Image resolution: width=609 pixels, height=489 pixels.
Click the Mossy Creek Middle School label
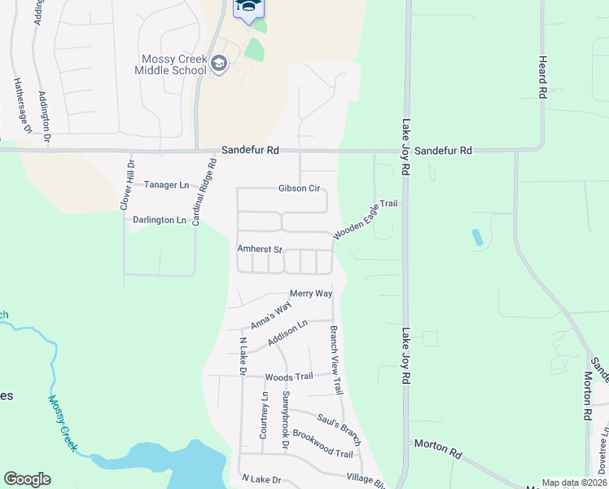click(x=173, y=64)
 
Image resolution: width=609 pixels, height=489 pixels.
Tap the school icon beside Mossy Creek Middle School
click(x=218, y=64)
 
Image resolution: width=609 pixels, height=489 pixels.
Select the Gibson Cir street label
click(x=299, y=188)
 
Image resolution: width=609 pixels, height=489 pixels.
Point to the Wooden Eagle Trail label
click(x=365, y=218)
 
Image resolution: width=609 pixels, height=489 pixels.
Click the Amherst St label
click(x=259, y=249)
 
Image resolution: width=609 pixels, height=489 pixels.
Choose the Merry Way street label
click(x=311, y=293)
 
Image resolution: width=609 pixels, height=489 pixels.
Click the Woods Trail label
click(x=289, y=377)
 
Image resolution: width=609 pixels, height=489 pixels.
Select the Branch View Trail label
click(x=335, y=361)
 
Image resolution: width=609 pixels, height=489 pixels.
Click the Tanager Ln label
click(x=166, y=185)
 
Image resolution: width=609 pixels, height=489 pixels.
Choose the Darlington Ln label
click(x=160, y=220)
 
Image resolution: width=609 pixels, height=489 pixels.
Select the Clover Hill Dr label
click(x=127, y=185)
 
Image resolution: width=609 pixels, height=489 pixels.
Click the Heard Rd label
click(x=542, y=77)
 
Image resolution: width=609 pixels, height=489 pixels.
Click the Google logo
click(x=27, y=479)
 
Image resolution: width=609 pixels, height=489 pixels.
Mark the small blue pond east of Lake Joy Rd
click(x=476, y=238)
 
